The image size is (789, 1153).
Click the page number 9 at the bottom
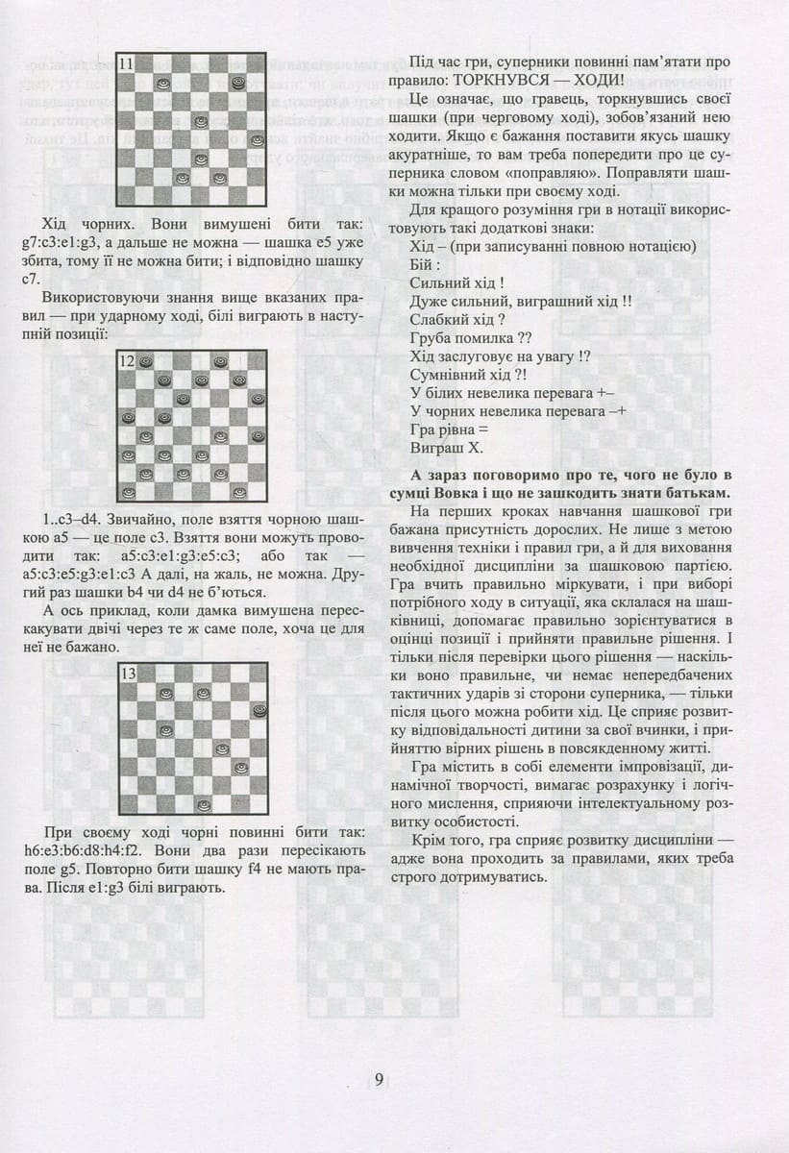coord(379,1079)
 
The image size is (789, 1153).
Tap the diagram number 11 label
coord(127,63)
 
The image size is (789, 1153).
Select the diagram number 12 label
coord(127,362)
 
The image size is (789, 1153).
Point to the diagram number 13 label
coord(127,674)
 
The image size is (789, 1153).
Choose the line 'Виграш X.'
coord(446,448)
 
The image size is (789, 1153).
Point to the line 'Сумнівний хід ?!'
coord(467,375)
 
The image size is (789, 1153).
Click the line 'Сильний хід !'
coord(457,282)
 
